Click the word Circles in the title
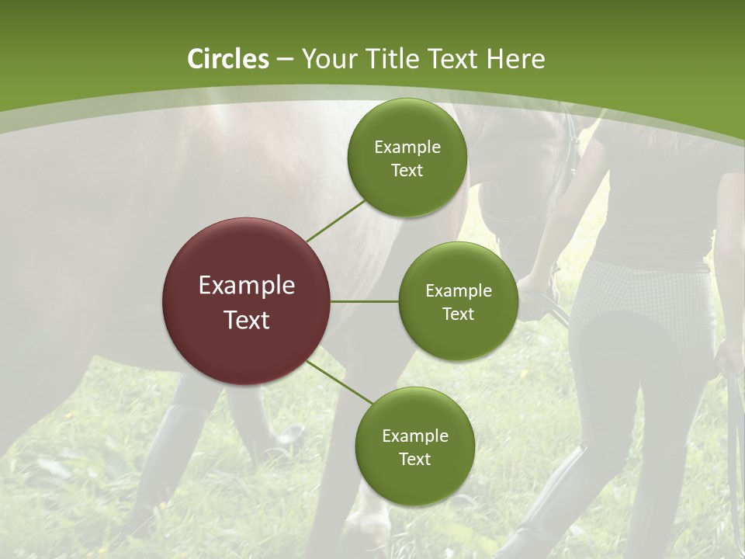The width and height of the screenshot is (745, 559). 227,59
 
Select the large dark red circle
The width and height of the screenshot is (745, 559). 246,301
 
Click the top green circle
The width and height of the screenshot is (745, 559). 407,158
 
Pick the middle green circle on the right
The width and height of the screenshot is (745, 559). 458,301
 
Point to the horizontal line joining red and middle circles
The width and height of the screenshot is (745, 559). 365,301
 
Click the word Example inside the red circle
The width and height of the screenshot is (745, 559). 247,285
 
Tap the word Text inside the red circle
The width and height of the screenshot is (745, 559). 247,319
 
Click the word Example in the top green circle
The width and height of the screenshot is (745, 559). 407,148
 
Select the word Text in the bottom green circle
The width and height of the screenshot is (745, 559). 414,459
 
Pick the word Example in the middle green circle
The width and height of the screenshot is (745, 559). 458,291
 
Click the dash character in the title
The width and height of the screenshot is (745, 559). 285,60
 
